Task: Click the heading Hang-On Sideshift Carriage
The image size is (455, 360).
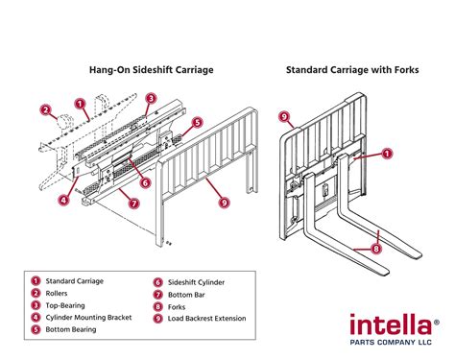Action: (x=151, y=69)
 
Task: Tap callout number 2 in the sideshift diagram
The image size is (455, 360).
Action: (x=45, y=110)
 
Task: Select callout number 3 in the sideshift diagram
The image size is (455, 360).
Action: (x=151, y=98)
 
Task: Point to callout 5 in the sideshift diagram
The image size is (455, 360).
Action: (x=197, y=123)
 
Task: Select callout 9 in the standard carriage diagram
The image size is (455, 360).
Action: (x=284, y=117)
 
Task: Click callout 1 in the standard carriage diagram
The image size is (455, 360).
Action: (x=387, y=153)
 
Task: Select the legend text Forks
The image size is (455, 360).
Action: (x=178, y=306)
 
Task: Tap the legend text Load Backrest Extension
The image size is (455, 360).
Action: (x=206, y=319)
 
